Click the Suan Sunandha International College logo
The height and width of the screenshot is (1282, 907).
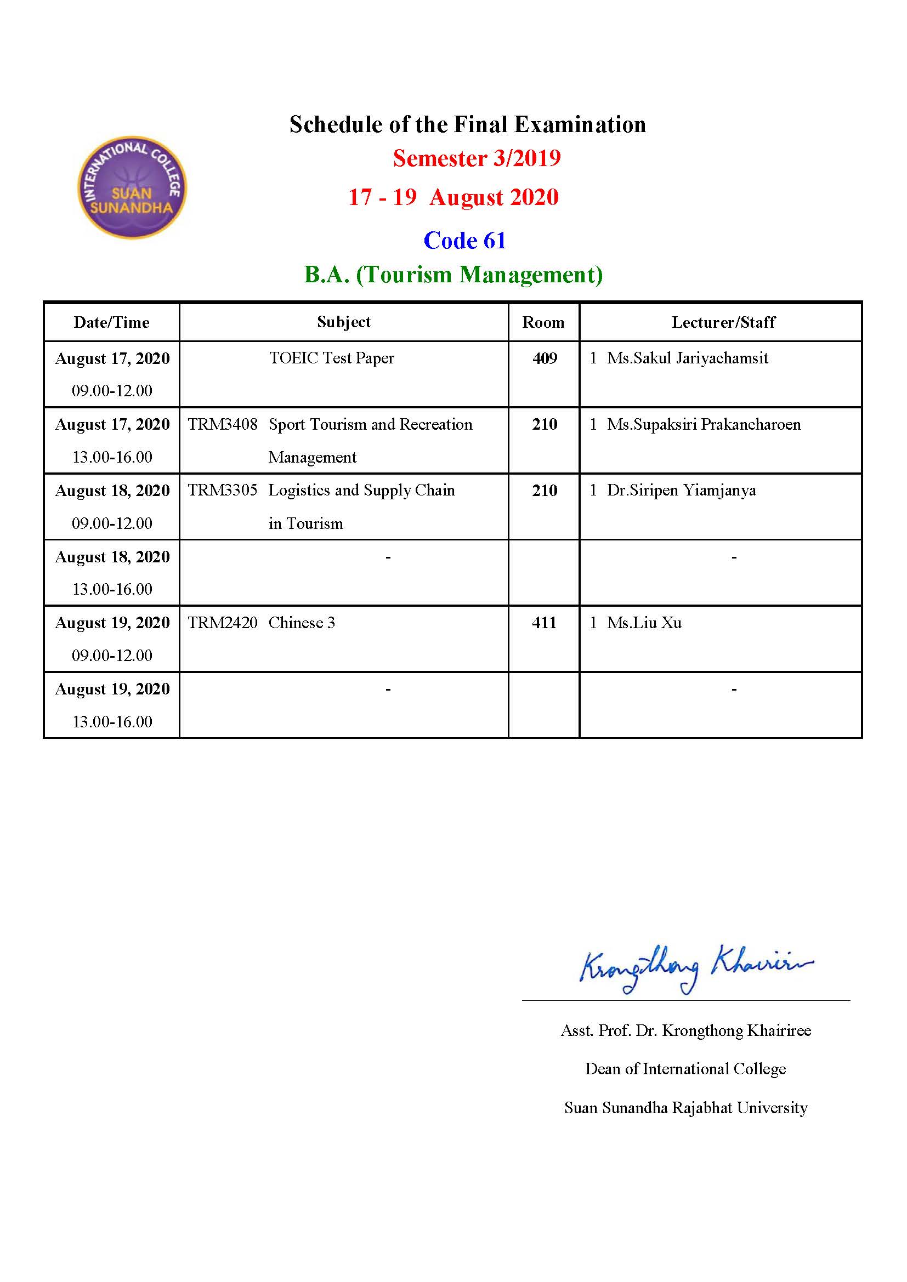[x=132, y=187]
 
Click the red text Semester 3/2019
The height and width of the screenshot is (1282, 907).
[x=477, y=158]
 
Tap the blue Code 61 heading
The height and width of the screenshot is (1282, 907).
[x=464, y=241]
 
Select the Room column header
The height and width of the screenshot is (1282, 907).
[x=543, y=322]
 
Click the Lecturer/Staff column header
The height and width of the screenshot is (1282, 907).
[x=723, y=322]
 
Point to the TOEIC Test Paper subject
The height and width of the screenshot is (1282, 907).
[x=331, y=358]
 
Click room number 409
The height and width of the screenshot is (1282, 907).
[x=545, y=358]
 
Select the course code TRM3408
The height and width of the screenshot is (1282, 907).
[x=222, y=424]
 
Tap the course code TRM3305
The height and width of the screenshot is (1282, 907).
[x=222, y=490]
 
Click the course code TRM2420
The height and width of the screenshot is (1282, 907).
[x=222, y=623]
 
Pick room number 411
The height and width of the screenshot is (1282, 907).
[x=545, y=623]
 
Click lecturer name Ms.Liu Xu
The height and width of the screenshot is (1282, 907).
[x=644, y=623]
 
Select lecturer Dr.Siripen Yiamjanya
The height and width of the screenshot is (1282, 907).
[x=682, y=490]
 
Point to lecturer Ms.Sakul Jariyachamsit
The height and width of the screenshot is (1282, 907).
[x=688, y=358]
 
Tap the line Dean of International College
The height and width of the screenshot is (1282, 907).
[x=685, y=1068]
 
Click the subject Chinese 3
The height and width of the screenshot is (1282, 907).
[x=302, y=623]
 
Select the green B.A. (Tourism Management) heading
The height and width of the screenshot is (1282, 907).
[x=453, y=275]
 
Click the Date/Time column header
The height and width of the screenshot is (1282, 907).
[x=112, y=322]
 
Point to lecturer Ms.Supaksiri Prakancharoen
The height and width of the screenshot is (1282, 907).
[x=704, y=424]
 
